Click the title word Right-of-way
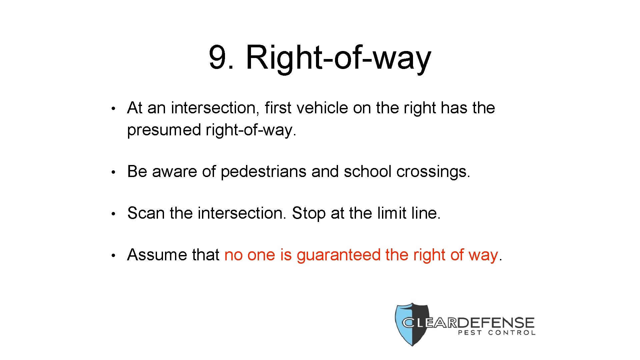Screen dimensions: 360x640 pyautogui.click(x=338, y=58)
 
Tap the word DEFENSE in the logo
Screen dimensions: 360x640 pyautogui.click(x=497, y=323)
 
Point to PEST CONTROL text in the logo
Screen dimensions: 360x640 pyautogui.click(x=497, y=332)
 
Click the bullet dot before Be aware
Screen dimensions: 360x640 pyautogui.click(x=113, y=172)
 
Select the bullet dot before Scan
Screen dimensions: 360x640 pyautogui.click(x=113, y=214)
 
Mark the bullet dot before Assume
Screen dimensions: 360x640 pyautogui.click(x=113, y=255)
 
